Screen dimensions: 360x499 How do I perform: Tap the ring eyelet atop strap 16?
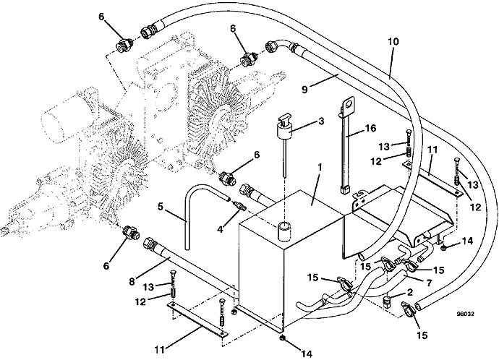click(350, 105)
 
